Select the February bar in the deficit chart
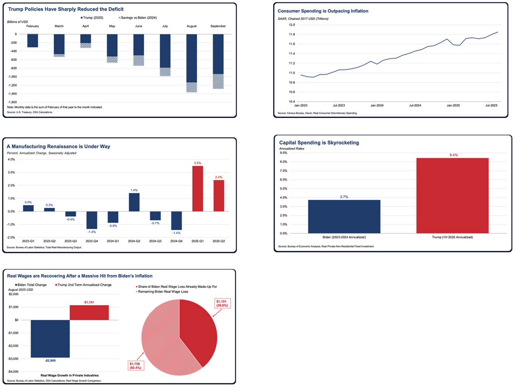(x=32, y=40)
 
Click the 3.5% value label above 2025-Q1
(x=197, y=163)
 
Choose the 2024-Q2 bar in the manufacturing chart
(x=134, y=202)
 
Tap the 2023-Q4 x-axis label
(x=92, y=241)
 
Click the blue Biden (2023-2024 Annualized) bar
(x=344, y=216)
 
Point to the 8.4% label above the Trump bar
(x=452, y=155)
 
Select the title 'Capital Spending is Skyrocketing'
(x=319, y=142)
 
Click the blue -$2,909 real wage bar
(x=50, y=339)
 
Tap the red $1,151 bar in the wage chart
(x=89, y=312)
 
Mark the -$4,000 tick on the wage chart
(x=14, y=371)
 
